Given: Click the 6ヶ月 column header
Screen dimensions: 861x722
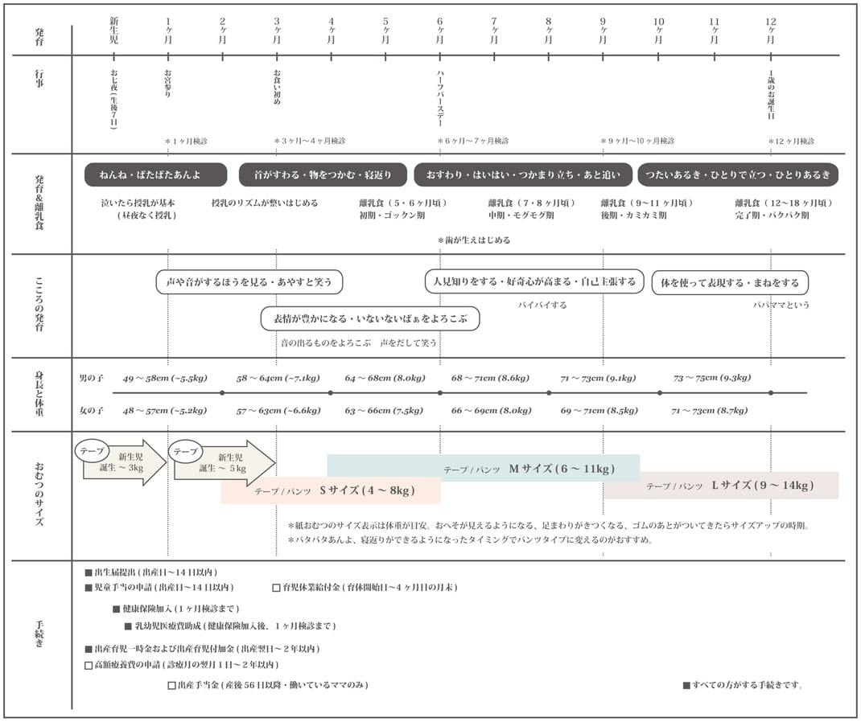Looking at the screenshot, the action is tap(440, 31).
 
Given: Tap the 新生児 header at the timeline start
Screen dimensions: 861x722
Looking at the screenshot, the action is tap(113, 31).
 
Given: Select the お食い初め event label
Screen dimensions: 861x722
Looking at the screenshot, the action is tap(277, 87).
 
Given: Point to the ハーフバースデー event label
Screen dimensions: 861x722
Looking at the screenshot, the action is tap(440, 99).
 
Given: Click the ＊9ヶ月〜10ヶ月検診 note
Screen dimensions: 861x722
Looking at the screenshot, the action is tap(637, 141).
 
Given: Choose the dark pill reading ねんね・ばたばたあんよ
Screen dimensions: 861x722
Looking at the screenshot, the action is tap(155, 174).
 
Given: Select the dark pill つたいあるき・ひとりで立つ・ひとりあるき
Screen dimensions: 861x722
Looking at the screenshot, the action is tap(738, 174).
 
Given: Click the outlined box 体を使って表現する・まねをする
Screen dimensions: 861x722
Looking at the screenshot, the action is tap(730, 282).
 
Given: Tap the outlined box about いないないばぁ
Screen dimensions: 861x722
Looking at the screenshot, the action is tap(370, 318).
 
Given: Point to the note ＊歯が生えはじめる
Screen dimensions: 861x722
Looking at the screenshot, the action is tap(474, 240).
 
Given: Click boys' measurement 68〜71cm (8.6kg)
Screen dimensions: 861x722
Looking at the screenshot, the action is tap(490, 378).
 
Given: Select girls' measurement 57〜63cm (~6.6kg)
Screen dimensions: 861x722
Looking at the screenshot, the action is tap(278, 410).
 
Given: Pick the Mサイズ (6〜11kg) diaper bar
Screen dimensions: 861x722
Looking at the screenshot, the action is tap(484, 469).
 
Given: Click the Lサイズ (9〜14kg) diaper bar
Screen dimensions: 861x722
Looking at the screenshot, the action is tap(721, 485).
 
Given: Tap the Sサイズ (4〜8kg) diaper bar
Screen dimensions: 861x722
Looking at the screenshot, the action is tap(331, 490).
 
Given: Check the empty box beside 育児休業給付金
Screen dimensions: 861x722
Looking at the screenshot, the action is tap(277, 588).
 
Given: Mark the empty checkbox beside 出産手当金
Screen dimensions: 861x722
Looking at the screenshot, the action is tap(172, 685).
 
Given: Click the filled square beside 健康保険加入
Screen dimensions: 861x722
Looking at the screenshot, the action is tap(117, 609).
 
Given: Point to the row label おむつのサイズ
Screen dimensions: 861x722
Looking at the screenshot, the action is tap(39, 494).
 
